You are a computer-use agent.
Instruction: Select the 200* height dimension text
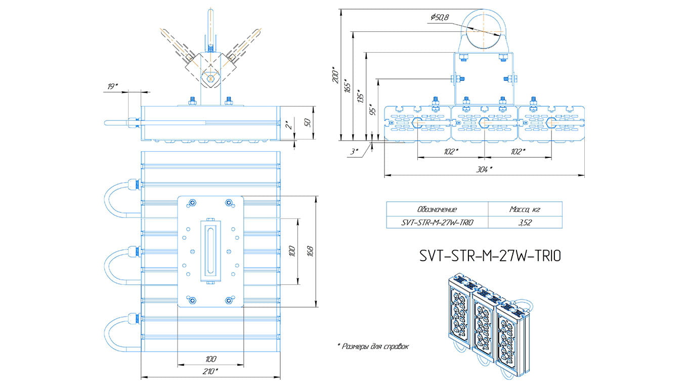tap(334, 75)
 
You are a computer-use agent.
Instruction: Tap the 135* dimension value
tap(360, 96)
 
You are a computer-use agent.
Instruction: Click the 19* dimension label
tap(112, 87)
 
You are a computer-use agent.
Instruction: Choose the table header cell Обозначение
tap(437, 209)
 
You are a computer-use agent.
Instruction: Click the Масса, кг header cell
tap(525, 209)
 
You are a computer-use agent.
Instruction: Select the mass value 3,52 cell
tap(525, 222)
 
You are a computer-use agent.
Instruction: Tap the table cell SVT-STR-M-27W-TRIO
tap(437, 222)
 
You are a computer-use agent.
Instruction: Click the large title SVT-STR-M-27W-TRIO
tap(490, 256)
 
